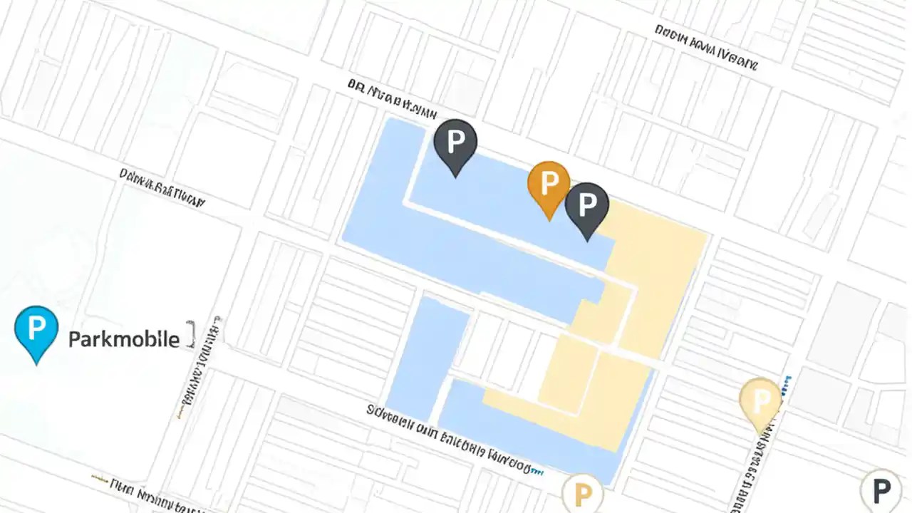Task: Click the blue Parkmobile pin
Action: coord(36,331)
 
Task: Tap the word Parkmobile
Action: coord(123,339)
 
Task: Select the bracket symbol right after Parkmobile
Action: coord(190,334)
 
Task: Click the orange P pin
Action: coord(548,185)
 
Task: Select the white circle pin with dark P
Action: coord(881,490)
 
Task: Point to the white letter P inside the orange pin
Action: coord(549,182)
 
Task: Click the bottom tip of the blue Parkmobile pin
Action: coord(36,363)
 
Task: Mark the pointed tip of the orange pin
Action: coord(549,219)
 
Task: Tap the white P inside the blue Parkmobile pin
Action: coord(36,328)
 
